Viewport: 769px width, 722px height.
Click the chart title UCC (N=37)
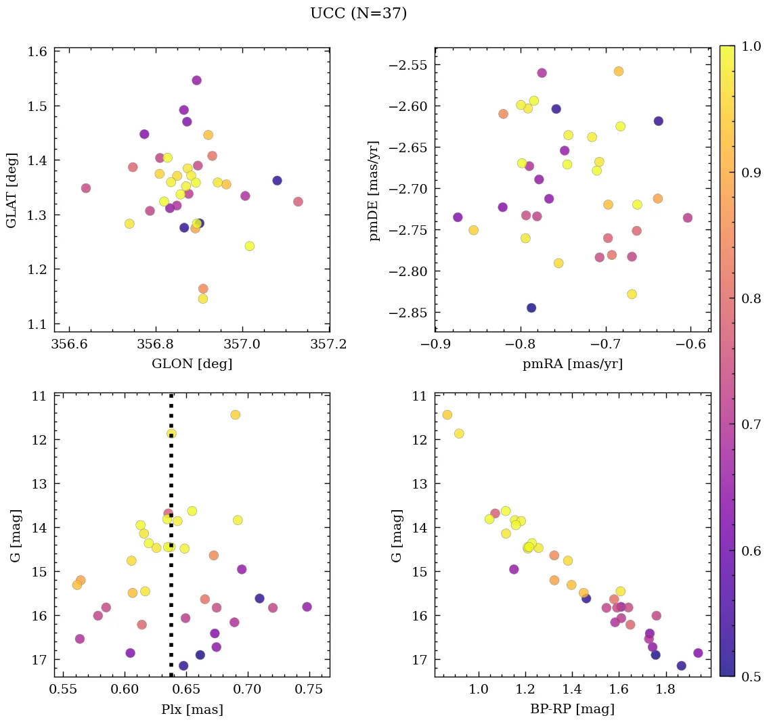358,14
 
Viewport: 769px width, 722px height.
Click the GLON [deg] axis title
192,364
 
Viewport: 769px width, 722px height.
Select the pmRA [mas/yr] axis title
573,364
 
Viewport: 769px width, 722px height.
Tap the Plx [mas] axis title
192,710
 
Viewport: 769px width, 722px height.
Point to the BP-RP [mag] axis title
573,710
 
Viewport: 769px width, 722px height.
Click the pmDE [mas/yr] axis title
374,191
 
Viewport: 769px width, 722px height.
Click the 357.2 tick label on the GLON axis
330,344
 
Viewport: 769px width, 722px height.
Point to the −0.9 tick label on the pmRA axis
436,344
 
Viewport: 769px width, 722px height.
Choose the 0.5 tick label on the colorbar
751,676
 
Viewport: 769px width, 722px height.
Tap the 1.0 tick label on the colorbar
751,46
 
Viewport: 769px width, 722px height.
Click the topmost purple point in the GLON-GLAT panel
196,81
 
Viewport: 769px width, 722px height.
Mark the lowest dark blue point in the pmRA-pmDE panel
531,308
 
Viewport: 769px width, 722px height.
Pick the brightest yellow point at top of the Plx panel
235,415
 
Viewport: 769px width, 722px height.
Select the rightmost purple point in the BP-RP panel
698,653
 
